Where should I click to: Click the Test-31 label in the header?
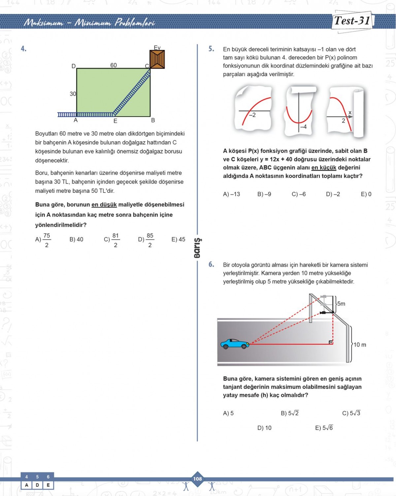pos(352,21)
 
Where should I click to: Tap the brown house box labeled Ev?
pos(157,59)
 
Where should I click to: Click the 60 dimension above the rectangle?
pos(114,65)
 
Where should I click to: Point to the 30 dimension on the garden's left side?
pos(73,94)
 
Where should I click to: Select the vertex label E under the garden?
pos(115,121)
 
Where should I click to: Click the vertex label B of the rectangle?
pos(153,121)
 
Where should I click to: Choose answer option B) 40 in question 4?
pos(76,239)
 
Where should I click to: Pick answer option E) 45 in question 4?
pos(178,239)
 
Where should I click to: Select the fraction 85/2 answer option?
pos(146,240)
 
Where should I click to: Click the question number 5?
pos(211,49)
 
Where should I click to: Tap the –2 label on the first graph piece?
pos(252,115)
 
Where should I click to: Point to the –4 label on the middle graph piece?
pos(303,126)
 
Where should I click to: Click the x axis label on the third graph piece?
pos(350,113)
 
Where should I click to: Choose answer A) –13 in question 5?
pos(231,194)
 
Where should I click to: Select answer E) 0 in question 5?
pos(366,194)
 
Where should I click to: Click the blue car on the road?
pos(235,344)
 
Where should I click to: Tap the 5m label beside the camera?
pos(341,303)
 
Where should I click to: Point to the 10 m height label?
pos(360,345)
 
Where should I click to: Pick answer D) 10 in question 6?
pos(264,428)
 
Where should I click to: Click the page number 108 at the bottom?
pos(197,479)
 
